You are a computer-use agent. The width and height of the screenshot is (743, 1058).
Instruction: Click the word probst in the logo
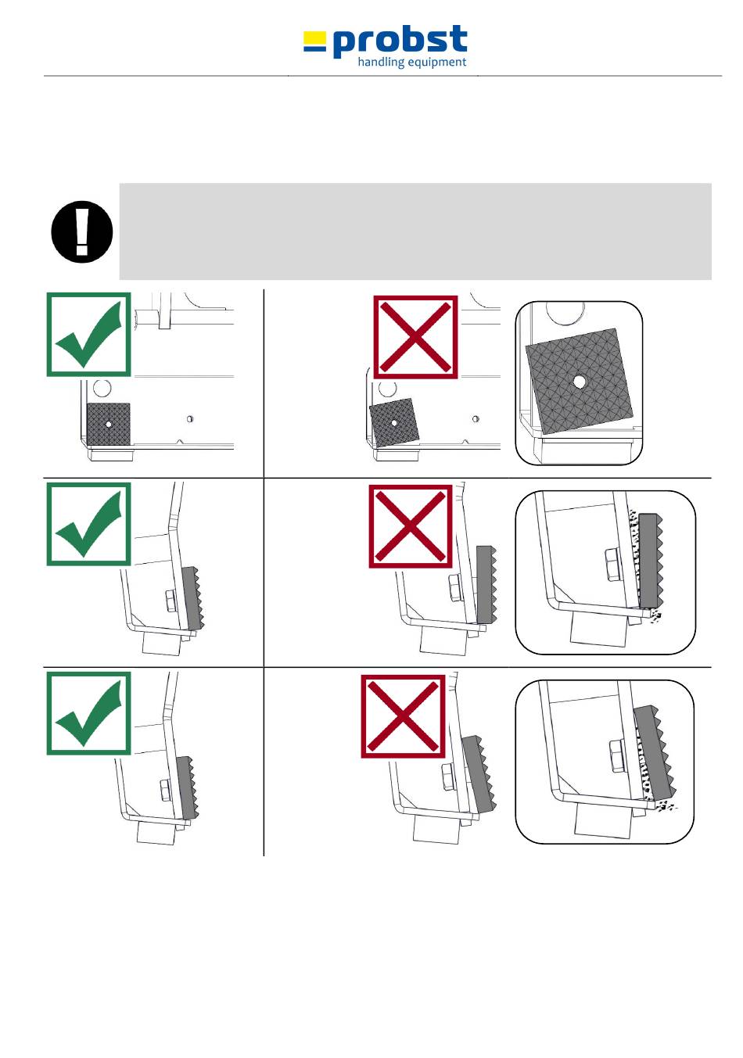[x=400, y=41]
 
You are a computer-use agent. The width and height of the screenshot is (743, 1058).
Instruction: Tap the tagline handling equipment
[x=412, y=62]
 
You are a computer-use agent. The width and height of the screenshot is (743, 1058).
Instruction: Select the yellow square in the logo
[x=314, y=38]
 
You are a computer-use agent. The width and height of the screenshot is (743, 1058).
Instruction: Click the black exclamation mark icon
[x=82, y=231]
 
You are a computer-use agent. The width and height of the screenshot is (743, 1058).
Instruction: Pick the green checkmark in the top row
[x=89, y=335]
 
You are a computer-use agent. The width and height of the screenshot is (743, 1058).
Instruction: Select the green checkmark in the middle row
[x=89, y=524]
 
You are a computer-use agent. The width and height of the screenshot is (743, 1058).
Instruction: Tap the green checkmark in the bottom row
[x=89, y=713]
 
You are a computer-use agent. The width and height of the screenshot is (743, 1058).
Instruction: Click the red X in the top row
[x=415, y=337]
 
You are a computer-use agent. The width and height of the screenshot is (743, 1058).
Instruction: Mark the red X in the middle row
[x=411, y=526]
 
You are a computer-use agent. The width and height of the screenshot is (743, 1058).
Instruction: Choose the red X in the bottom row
[x=403, y=716]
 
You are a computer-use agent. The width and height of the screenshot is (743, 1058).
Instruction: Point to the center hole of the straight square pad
[x=109, y=424]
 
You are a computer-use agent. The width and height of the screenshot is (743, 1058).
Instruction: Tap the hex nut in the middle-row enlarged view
[x=612, y=566]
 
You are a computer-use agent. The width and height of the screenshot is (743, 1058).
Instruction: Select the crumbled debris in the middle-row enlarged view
[x=644, y=567]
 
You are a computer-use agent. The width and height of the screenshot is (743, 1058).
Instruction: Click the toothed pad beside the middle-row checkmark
[x=192, y=598]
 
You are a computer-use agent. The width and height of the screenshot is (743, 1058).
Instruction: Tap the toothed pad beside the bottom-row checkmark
[x=188, y=787]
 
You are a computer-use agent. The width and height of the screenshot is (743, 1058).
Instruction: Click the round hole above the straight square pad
[x=102, y=389]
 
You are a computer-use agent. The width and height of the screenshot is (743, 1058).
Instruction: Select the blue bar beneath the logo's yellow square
[x=314, y=48]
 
